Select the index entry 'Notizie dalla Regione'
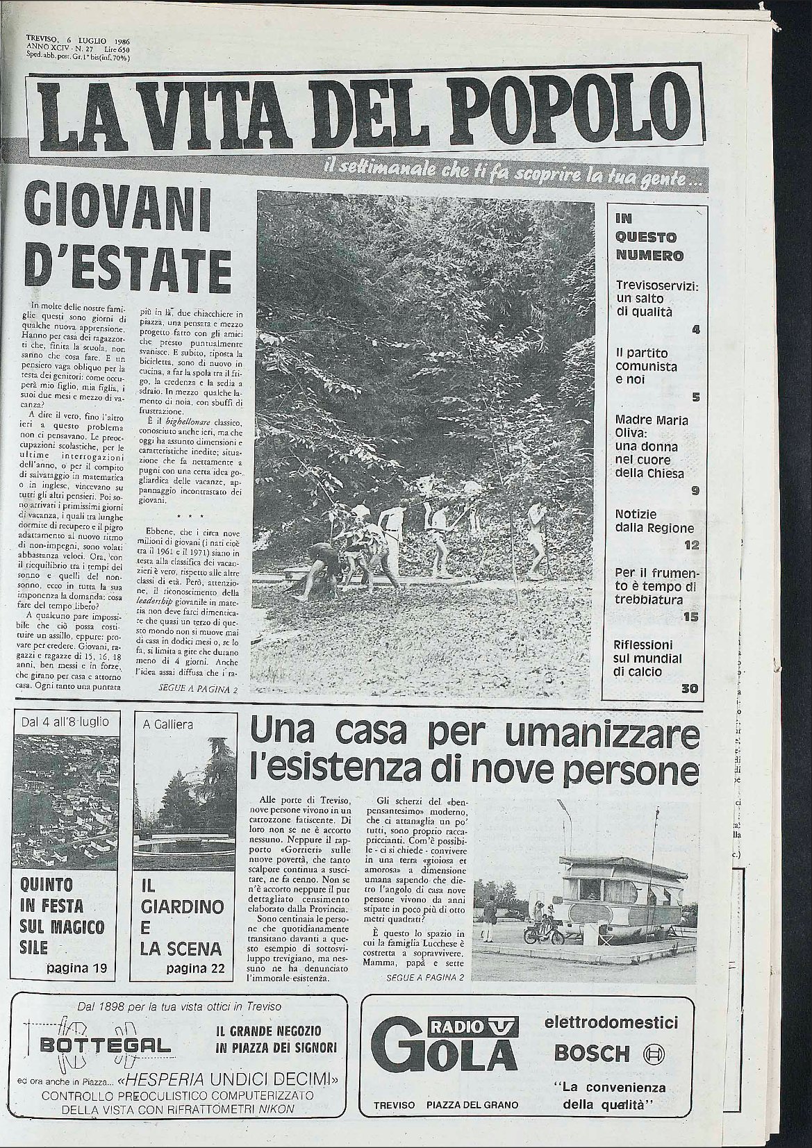coord(649,522)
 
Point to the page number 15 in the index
coord(690,617)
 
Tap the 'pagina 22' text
coord(195,968)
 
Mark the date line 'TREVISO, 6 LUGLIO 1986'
coord(78,40)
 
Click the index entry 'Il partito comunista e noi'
coord(647,366)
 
